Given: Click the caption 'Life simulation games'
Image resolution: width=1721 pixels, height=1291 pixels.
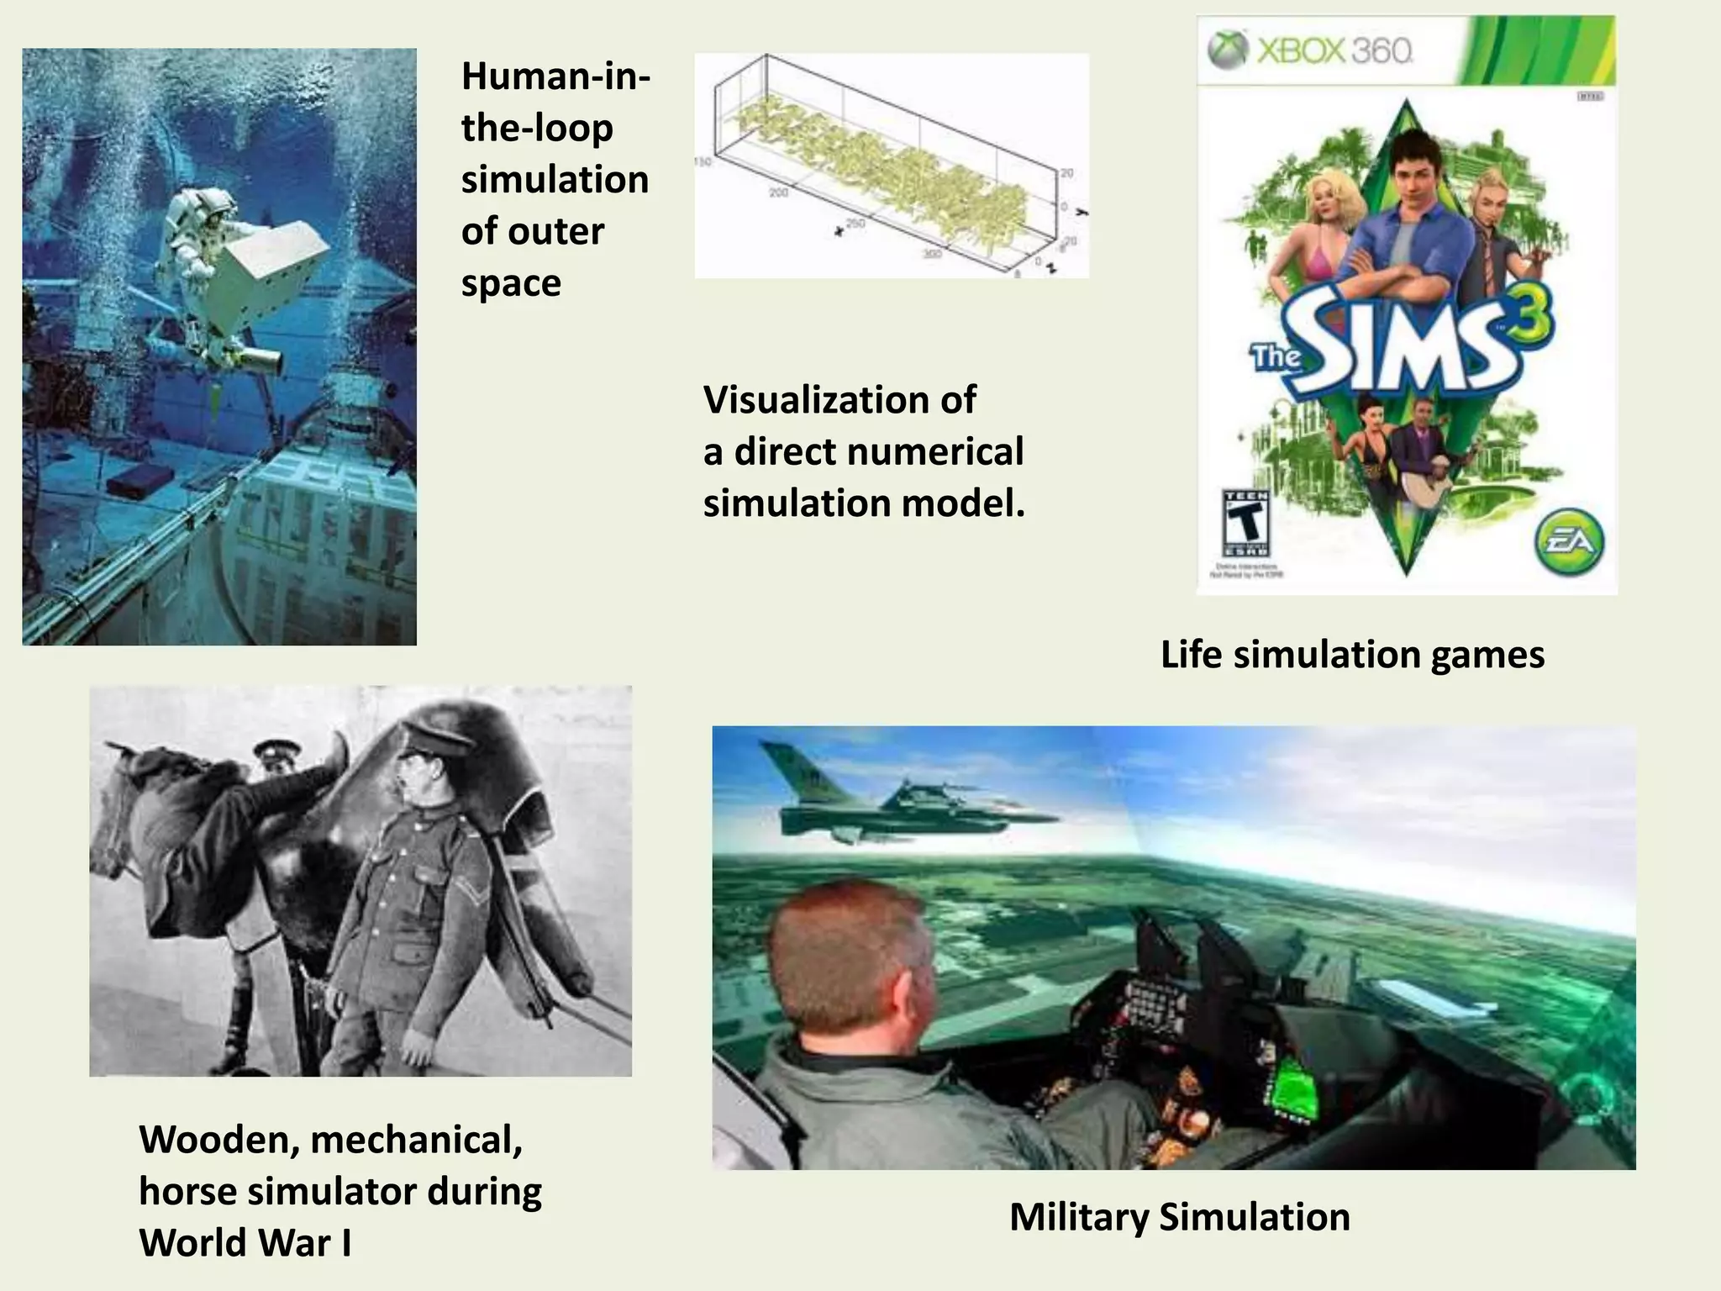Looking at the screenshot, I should click(1352, 655).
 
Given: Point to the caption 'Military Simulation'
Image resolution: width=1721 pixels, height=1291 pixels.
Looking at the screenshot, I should click(1179, 1217).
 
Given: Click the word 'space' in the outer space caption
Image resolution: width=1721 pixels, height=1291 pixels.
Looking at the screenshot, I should click(511, 282).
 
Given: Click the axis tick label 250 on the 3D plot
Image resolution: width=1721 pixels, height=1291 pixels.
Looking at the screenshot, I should click(855, 224).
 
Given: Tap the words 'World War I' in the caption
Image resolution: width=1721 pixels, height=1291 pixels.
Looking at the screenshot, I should click(245, 1243).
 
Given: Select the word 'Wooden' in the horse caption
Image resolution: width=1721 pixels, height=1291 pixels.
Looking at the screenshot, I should click(221, 1141).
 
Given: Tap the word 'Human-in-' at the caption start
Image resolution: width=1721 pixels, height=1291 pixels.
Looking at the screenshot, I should click(555, 76).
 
